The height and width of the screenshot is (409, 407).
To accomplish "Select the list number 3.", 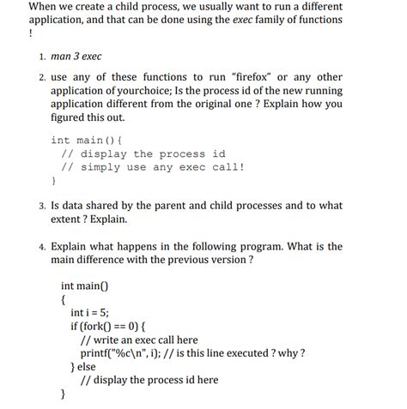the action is click(40, 206).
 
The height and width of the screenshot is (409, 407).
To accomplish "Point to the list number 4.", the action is click(40, 246).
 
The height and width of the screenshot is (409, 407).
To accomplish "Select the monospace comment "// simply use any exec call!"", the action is click(152, 167).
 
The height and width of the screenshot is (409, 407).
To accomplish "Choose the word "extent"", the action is click(70, 220).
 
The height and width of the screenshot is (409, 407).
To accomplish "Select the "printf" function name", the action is click(95, 352).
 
